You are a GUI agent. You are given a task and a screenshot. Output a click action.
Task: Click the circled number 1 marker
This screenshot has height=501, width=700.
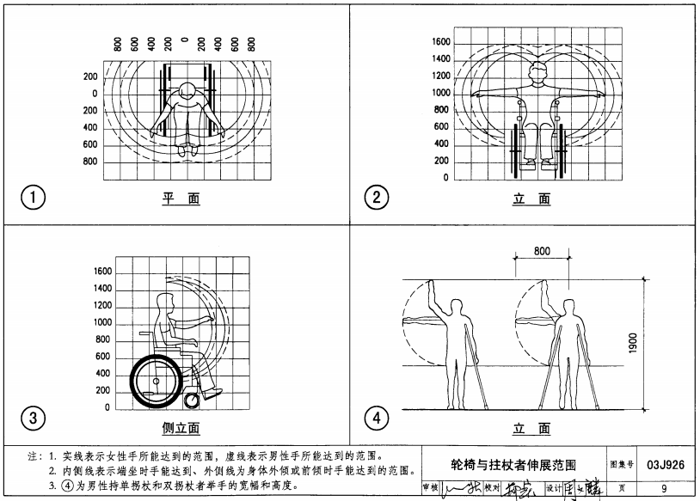click(x=32, y=198)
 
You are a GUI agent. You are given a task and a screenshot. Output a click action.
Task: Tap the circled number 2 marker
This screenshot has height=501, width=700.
click(x=377, y=198)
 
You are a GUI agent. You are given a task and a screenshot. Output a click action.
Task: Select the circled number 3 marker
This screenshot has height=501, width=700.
click(x=32, y=419)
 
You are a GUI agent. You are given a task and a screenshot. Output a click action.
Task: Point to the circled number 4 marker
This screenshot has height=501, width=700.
click(x=377, y=419)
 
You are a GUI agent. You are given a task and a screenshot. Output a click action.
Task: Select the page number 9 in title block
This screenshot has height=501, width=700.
click(x=665, y=489)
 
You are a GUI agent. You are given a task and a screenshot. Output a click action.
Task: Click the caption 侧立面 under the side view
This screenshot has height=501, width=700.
click(x=181, y=427)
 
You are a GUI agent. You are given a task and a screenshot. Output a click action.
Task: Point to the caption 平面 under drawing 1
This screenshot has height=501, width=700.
click(x=181, y=199)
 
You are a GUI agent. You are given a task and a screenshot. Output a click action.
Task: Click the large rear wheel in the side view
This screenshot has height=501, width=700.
click(x=157, y=380)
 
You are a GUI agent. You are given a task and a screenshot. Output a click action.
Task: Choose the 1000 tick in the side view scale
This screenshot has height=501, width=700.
click(x=101, y=322)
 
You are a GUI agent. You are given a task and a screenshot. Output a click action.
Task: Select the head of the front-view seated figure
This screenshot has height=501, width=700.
click(x=539, y=70)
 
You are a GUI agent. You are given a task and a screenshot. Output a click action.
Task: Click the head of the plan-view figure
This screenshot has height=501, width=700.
click(x=187, y=89)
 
